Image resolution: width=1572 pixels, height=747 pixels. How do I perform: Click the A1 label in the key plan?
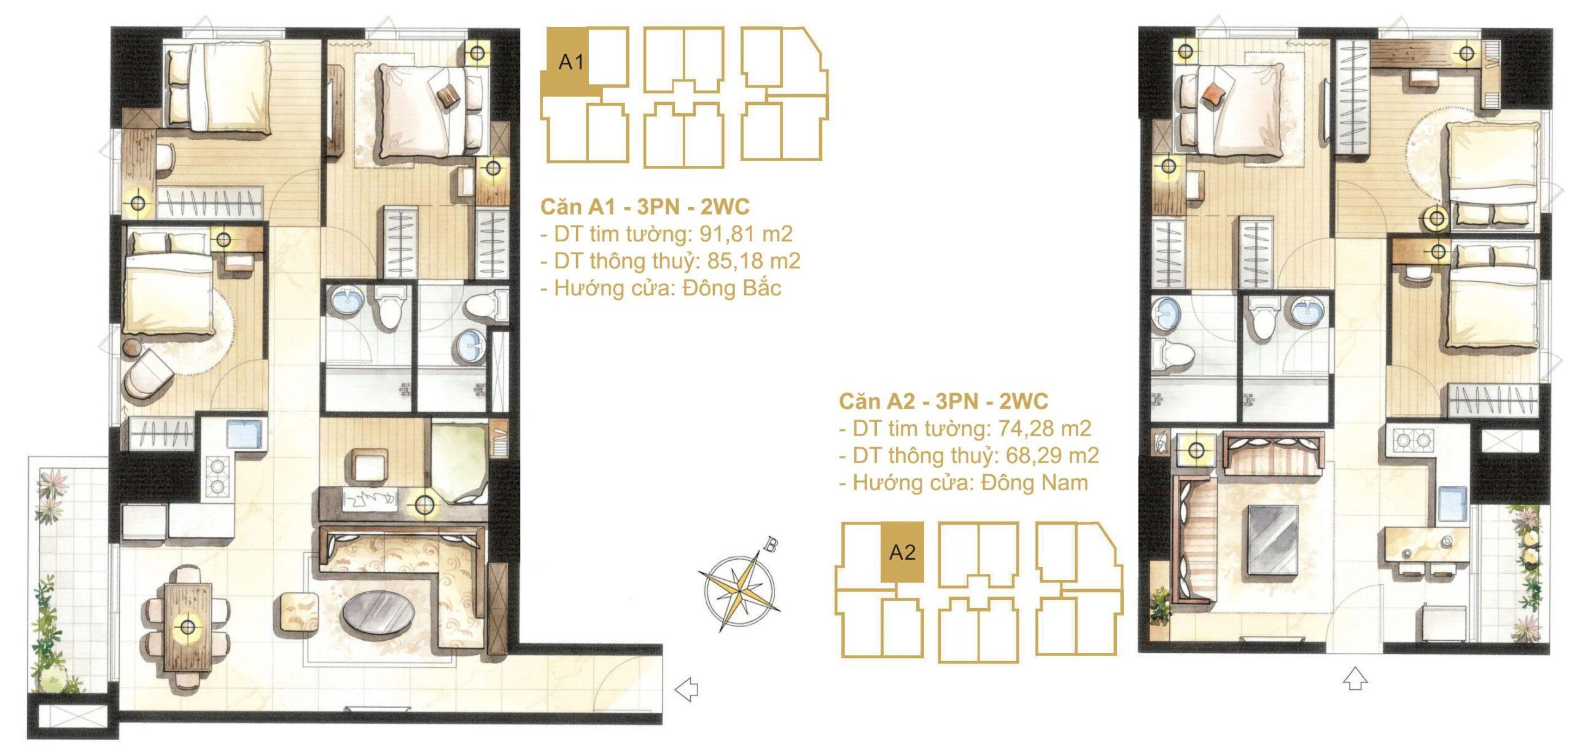[x=570, y=62]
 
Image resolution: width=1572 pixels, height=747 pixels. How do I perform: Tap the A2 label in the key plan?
[x=902, y=553]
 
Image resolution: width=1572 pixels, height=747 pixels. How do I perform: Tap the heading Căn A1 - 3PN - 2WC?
[x=645, y=207]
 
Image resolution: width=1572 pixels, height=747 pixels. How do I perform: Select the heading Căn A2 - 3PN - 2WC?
[x=944, y=401]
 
